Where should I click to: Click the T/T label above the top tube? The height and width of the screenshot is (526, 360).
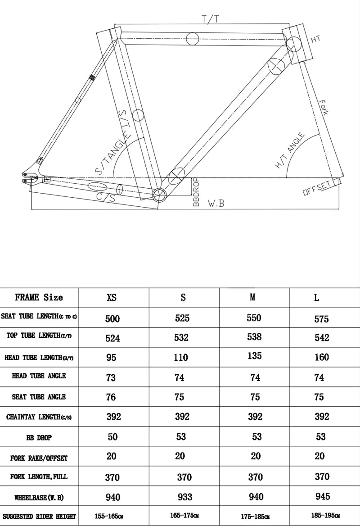tap(210, 19)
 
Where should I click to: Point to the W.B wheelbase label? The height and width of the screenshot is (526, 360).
tap(216, 203)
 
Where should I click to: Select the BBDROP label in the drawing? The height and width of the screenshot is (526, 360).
tap(196, 192)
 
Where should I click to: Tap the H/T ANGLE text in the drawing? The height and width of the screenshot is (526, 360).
tap(290, 151)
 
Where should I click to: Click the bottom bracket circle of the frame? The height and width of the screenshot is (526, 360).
tap(159, 195)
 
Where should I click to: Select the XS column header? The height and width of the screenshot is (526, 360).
tap(112, 298)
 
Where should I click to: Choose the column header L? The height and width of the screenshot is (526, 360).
tap(317, 298)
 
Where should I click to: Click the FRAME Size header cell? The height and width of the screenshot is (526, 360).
tap(39, 297)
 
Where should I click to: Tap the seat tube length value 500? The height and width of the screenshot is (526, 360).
tap(112, 319)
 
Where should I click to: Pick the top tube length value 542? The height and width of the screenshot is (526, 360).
tap(322, 338)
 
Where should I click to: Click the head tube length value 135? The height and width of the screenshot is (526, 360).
tap(254, 356)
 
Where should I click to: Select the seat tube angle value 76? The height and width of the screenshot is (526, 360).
tap(111, 397)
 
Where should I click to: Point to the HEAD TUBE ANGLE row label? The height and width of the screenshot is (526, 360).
tap(39, 376)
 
